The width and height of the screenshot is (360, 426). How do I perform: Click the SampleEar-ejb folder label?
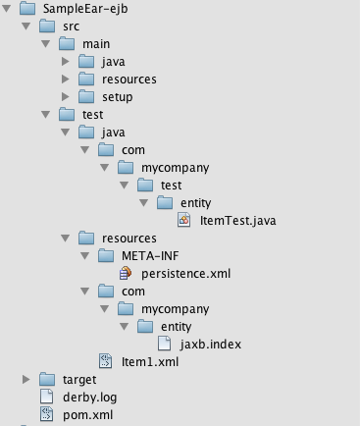(x=85, y=9)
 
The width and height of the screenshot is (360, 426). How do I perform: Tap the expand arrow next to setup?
(x=66, y=96)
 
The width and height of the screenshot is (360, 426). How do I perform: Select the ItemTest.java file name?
(x=238, y=221)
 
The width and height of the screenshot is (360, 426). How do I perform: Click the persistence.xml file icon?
(x=126, y=273)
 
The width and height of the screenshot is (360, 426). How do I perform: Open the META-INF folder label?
(x=150, y=256)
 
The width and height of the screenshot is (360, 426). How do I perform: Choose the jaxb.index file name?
(x=211, y=345)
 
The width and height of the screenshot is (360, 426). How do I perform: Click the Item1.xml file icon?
(x=106, y=361)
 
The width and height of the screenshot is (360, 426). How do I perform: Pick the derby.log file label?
(x=90, y=398)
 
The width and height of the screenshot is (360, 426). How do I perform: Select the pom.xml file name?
(x=88, y=415)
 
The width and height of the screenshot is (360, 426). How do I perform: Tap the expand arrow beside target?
(x=26, y=379)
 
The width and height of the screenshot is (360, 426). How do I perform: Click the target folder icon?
(x=47, y=380)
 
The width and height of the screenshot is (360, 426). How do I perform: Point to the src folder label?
(x=71, y=27)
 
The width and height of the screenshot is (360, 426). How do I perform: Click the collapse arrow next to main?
(x=46, y=43)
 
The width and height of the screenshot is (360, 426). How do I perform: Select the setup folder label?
(x=118, y=97)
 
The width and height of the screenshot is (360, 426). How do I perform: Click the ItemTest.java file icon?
(x=183, y=220)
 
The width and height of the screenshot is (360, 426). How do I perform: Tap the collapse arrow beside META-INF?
(x=85, y=255)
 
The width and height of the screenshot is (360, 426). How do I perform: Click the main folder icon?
(x=67, y=44)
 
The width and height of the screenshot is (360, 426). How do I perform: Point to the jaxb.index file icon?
(x=164, y=344)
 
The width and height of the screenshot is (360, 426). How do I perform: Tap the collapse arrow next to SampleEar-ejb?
(x=7, y=8)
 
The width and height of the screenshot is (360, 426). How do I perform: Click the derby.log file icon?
(x=46, y=397)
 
